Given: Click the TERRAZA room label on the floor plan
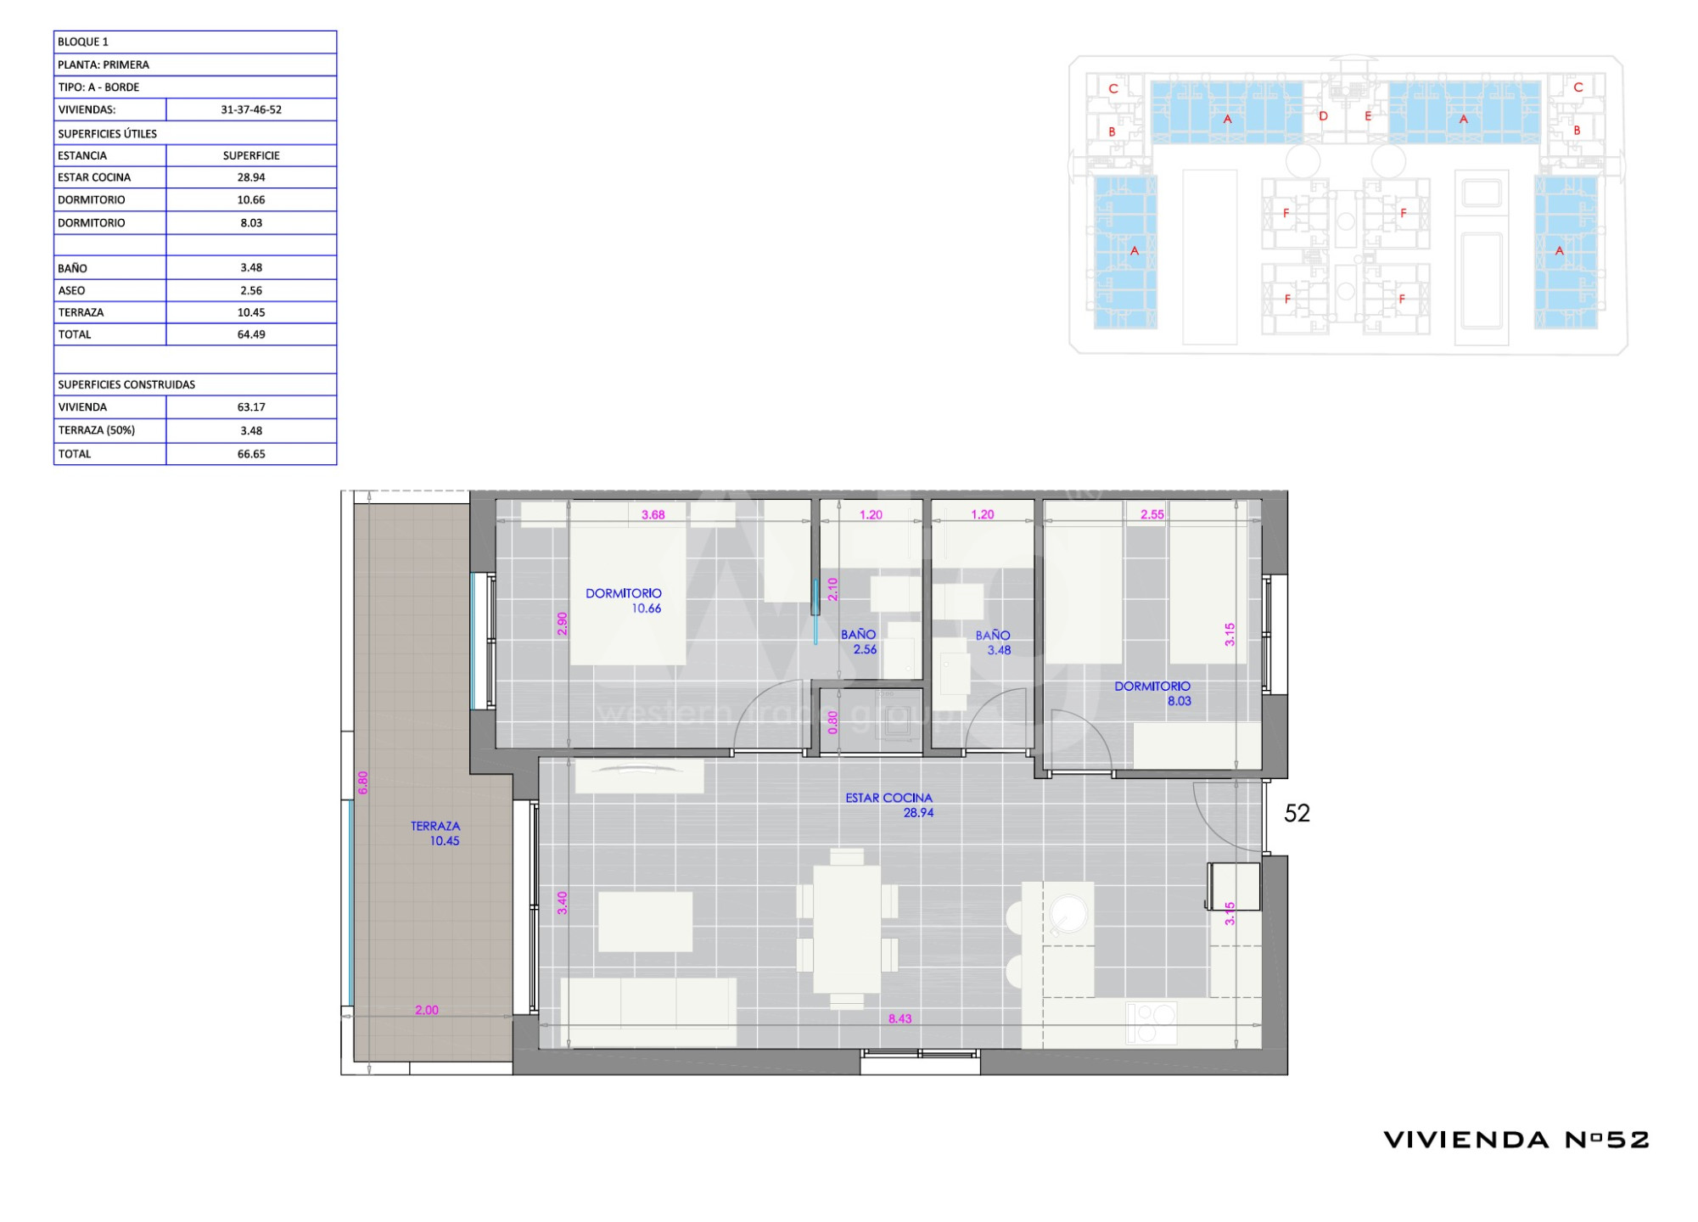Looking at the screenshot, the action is [x=435, y=826].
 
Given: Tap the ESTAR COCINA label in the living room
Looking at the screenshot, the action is [x=888, y=798].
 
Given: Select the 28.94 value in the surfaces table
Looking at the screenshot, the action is [x=251, y=177].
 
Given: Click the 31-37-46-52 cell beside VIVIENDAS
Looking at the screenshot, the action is [x=251, y=109].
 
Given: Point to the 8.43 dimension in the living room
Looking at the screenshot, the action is [x=899, y=1018].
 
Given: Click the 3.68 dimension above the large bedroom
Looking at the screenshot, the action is [x=653, y=514].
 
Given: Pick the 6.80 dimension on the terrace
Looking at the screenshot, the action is [x=363, y=782].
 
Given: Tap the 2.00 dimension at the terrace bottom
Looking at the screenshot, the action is [x=427, y=1010].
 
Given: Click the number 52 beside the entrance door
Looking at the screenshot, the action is [x=1297, y=813].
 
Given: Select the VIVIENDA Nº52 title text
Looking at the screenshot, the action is [x=1516, y=1140].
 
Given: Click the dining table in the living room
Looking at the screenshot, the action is [x=847, y=928].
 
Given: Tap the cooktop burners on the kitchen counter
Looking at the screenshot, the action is [x=1152, y=1023].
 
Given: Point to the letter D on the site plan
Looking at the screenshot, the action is [x=1323, y=116].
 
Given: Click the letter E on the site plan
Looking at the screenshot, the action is [x=1368, y=116].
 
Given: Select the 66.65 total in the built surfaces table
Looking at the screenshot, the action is [x=251, y=454].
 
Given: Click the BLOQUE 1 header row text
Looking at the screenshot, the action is [x=83, y=42].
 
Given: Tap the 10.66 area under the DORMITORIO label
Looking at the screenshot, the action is [x=647, y=608].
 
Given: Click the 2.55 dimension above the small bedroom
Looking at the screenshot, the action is [x=1152, y=514].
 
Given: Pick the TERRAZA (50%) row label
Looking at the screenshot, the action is [x=97, y=430].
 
